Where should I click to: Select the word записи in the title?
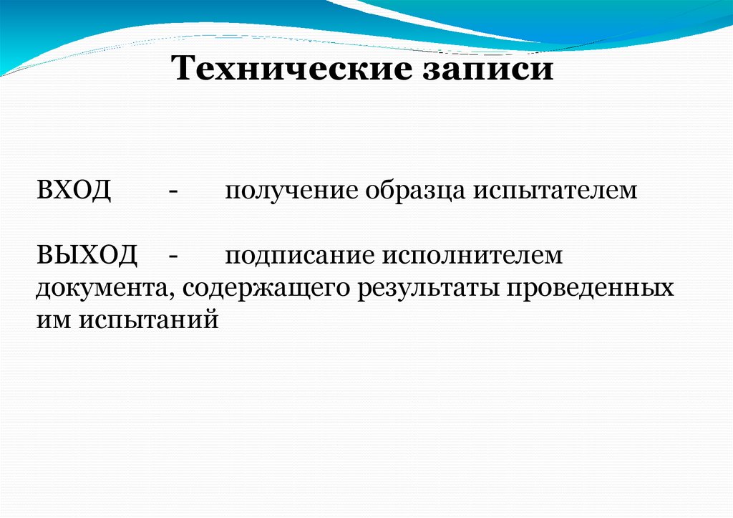click(x=485, y=70)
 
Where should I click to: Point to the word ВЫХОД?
click(x=87, y=255)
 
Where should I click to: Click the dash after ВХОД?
click(x=174, y=191)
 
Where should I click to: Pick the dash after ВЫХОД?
click(x=174, y=255)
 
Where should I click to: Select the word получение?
click(x=291, y=191)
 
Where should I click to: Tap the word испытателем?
click(x=553, y=191)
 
